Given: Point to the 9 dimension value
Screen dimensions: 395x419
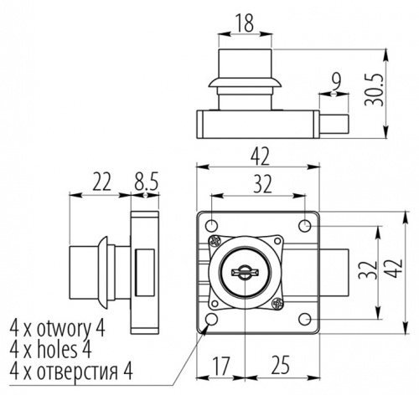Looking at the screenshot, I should pyautogui.click(x=336, y=81).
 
